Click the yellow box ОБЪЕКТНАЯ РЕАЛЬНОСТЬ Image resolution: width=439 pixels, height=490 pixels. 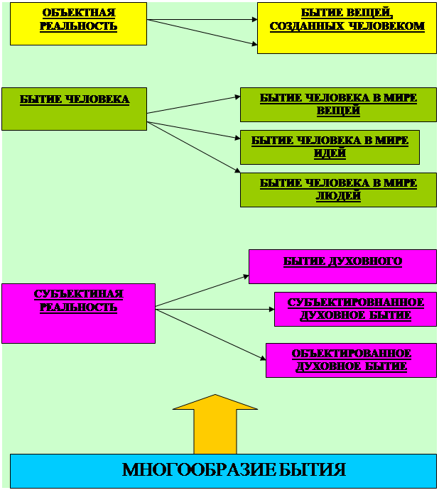coord(78,23)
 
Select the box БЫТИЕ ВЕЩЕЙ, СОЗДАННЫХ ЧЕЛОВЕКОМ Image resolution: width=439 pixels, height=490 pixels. coord(347,28)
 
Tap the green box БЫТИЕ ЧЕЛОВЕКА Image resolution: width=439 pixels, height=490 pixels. coord(74,109)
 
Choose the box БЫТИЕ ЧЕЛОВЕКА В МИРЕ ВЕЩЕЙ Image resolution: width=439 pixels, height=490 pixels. coord(338,104)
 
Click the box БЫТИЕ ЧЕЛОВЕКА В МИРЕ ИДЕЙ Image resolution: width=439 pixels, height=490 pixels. coord(330,147)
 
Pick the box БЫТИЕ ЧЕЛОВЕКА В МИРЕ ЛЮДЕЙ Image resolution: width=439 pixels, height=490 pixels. coord(338,190)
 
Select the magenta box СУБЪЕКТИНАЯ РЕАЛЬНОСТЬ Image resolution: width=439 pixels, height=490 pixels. coord(78,313)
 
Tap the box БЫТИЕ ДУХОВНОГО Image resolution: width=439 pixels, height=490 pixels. coord(342,266)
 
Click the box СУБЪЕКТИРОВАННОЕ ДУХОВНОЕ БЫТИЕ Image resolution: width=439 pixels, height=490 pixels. coord(355,309)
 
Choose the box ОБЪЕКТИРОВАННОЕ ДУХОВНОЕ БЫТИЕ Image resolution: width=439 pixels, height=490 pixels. coord(351,360)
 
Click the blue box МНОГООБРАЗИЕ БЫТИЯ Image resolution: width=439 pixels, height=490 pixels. coord(223,470)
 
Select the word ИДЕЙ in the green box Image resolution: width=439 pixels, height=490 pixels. coord(330,153)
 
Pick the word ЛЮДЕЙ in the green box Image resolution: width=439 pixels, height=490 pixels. coord(339,196)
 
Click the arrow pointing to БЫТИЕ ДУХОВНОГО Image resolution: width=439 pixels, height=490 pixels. coord(202,291)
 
